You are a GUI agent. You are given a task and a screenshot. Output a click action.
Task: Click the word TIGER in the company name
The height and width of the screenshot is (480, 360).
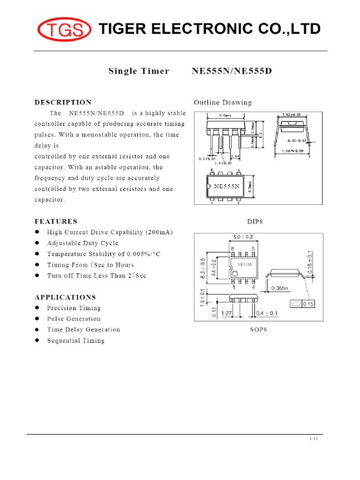pyautogui.click(x=123, y=29)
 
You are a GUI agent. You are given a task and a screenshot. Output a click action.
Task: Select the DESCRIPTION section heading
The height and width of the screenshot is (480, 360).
pyautogui.click(x=63, y=102)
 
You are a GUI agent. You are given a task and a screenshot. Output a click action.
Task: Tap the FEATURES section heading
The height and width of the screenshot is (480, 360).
pyautogui.click(x=56, y=221)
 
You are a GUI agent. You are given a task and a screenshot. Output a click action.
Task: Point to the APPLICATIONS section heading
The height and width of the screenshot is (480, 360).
pyautogui.click(x=65, y=297)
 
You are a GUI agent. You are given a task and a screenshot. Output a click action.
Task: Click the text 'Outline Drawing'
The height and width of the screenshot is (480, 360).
pyautogui.click(x=223, y=102)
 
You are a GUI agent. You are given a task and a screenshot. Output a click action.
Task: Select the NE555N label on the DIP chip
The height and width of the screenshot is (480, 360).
pyautogui.click(x=227, y=186)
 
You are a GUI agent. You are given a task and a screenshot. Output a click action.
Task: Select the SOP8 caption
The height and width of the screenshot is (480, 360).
pyautogui.click(x=258, y=330)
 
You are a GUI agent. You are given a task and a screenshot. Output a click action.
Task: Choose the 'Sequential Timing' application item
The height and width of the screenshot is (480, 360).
pyautogui.click(x=75, y=341)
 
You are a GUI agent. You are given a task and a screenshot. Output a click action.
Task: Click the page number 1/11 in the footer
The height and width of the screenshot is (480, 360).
pyautogui.click(x=314, y=438)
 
